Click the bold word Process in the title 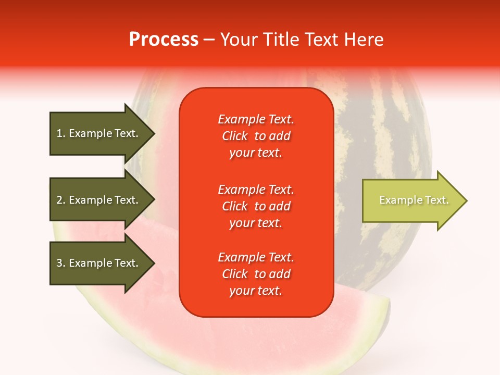point(164,39)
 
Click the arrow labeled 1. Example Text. point(99,133)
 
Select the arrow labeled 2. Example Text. point(99,200)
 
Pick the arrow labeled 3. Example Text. point(99,263)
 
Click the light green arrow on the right point(411,201)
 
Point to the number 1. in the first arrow point(61,133)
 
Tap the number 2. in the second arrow point(61,200)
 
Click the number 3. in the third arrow point(61,263)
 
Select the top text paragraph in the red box point(256,136)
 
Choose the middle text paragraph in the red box point(256,206)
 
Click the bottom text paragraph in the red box point(256,274)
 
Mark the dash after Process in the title point(209,40)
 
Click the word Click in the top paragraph point(235,136)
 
